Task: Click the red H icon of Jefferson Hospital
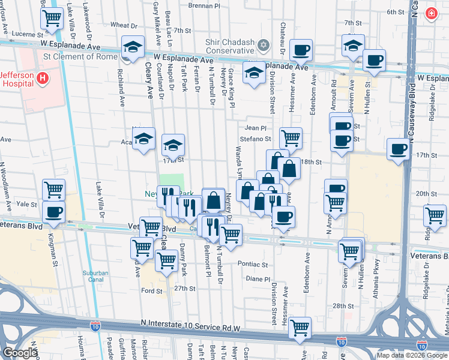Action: [42, 78]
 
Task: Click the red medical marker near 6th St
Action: [430, 13]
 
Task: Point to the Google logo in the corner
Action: [20, 353]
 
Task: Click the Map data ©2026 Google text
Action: [412, 355]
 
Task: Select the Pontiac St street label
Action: [253, 264]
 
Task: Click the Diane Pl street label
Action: [259, 279]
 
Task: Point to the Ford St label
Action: [151, 290]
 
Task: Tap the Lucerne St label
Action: [24, 35]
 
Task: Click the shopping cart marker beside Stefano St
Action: [291, 138]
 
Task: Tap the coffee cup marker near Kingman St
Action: [53, 212]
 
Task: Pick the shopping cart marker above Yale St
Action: [53, 190]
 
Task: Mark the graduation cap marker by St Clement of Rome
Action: [133, 46]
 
